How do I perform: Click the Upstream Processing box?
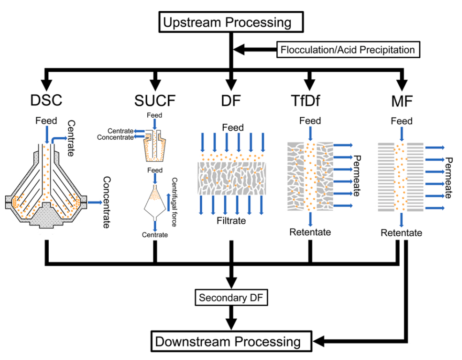(231, 22)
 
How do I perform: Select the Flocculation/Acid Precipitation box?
(348, 49)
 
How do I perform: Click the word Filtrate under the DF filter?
(231, 221)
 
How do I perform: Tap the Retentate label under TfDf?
(310, 232)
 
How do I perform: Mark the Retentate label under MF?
(401, 233)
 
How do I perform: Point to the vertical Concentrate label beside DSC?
(106, 202)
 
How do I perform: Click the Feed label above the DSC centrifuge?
(46, 121)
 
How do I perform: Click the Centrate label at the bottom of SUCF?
(154, 234)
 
